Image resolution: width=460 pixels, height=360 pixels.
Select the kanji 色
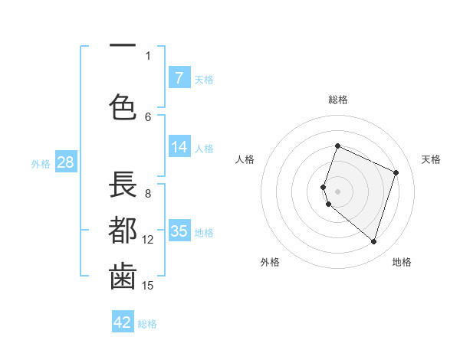click(123, 106)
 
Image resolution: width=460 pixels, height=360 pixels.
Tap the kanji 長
click(123, 186)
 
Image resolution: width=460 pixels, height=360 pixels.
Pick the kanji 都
click(123, 231)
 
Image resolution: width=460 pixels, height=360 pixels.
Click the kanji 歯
click(123, 277)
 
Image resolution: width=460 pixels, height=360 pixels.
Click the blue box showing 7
click(179, 77)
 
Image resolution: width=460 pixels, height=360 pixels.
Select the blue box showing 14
click(179, 147)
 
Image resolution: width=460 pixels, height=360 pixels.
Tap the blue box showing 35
click(179, 231)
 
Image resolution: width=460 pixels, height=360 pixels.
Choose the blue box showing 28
click(64, 162)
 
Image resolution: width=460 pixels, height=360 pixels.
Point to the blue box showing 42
click(123, 322)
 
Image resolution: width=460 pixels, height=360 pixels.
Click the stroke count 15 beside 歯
click(148, 286)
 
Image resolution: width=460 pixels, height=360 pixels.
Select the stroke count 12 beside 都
click(148, 240)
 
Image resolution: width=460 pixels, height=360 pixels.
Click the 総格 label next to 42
click(148, 324)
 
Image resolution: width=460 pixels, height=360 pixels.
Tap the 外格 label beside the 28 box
click(41, 164)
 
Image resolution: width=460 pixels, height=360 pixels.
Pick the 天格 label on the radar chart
click(431, 159)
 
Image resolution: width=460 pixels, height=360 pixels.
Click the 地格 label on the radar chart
click(402, 262)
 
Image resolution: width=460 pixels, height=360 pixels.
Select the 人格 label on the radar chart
click(245, 159)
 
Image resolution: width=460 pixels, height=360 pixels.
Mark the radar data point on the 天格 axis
click(396, 172)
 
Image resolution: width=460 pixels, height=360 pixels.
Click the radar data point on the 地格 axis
click(373, 241)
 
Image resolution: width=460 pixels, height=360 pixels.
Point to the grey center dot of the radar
click(337, 191)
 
